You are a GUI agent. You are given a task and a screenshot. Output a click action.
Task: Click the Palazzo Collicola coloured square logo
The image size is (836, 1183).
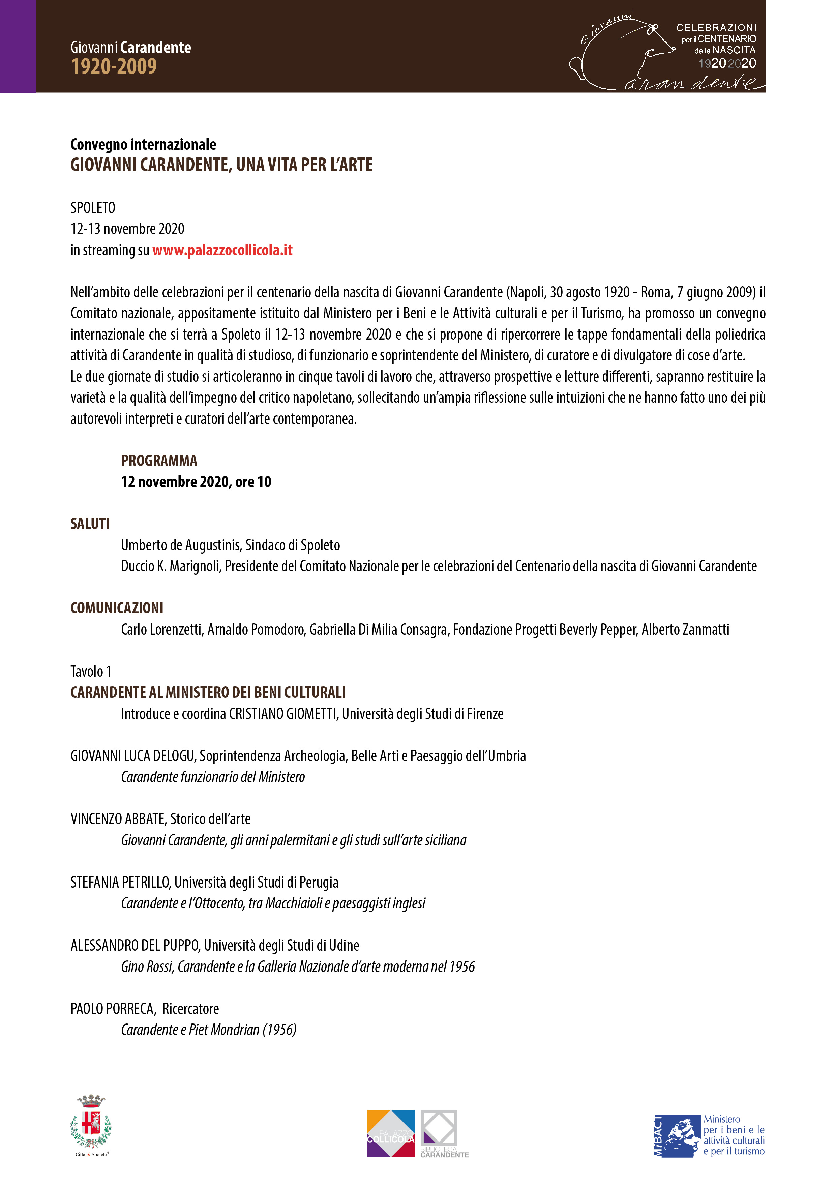pos(390,1133)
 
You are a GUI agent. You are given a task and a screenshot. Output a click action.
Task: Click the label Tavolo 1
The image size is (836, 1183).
pos(91,671)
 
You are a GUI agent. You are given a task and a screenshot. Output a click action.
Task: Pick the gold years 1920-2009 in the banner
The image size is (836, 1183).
pos(114,66)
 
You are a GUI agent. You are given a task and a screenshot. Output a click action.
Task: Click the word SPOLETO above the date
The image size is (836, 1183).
pos(93,208)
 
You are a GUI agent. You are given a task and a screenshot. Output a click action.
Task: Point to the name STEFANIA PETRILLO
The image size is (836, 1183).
pos(120,882)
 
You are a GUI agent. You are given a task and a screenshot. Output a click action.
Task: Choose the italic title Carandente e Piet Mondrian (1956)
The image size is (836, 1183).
pos(209,1030)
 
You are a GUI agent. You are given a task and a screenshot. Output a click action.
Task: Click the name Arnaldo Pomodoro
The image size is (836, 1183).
pos(256,629)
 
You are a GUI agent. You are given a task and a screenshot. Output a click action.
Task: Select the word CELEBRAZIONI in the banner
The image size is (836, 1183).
pos(716,27)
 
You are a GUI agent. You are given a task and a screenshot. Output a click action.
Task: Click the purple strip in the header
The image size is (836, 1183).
pos(18,47)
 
